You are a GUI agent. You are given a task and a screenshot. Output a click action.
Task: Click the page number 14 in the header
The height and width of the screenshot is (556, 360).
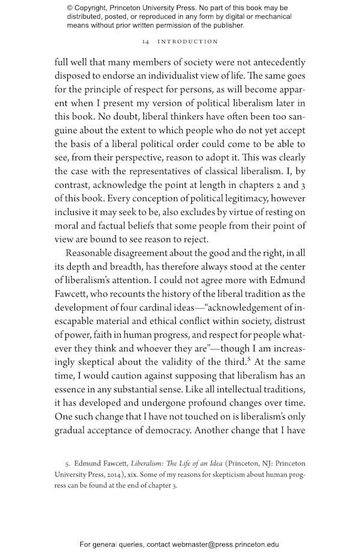click(146, 42)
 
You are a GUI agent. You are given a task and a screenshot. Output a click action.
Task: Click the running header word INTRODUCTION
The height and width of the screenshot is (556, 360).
click(188, 42)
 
